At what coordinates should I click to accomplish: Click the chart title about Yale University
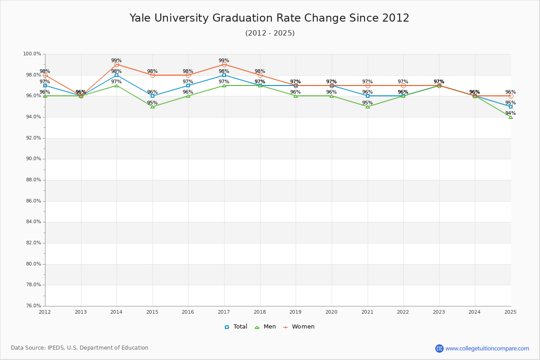pos(270,18)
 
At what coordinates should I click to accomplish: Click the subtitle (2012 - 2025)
pos(270,33)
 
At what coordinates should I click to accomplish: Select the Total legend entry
pos(236,327)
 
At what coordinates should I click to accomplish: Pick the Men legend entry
pos(265,327)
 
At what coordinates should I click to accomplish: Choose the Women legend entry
pos(299,327)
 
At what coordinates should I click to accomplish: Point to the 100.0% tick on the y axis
pos(32,54)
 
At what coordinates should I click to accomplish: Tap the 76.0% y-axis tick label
pos(32,306)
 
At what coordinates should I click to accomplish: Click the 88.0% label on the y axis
pos(32,180)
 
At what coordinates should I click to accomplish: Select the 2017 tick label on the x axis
pos(224,312)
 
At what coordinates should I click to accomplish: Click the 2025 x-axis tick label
pos(510,312)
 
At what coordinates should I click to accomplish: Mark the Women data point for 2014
pos(117,64)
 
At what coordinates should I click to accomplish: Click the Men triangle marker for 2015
pos(153,107)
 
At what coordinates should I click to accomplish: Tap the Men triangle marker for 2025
pos(511,117)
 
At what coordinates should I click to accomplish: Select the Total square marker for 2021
pos(368,96)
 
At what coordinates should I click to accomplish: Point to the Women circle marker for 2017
pos(224,64)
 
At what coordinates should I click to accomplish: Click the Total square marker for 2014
pos(117,75)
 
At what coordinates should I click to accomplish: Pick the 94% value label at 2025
pos(510,113)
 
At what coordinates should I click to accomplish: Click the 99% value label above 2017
pos(224,61)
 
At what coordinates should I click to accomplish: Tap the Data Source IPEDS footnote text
pos(80,348)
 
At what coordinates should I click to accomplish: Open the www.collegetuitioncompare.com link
pos(487,348)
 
